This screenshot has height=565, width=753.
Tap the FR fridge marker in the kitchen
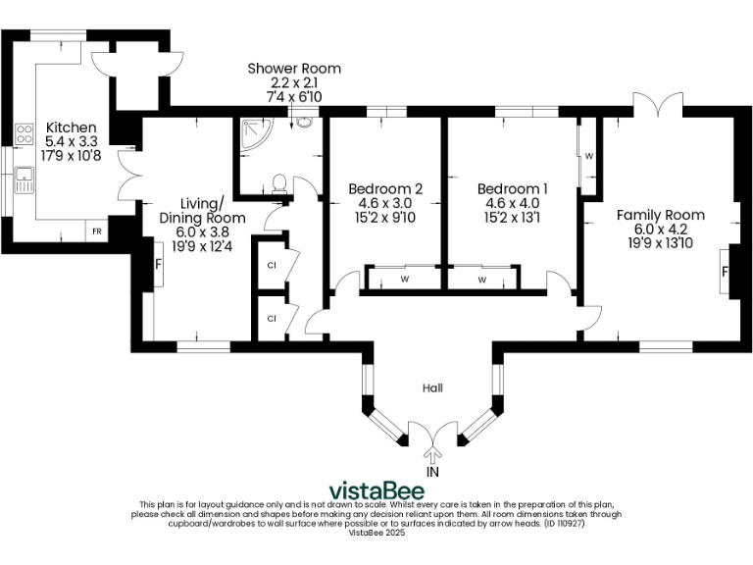click(96, 231)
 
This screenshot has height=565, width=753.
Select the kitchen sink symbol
click(24, 180)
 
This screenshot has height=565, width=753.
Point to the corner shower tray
click(252, 131)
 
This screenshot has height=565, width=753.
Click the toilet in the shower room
click(279, 182)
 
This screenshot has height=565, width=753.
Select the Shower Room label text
click(294, 69)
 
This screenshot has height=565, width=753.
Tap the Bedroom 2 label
click(386, 188)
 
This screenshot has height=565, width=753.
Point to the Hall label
click(432, 388)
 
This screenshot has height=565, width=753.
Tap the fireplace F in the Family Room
click(727, 272)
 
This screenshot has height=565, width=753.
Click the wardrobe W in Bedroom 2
click(404, 280)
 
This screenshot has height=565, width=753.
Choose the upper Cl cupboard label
click(271, 266)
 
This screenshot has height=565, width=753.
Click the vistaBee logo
click(376, 490)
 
